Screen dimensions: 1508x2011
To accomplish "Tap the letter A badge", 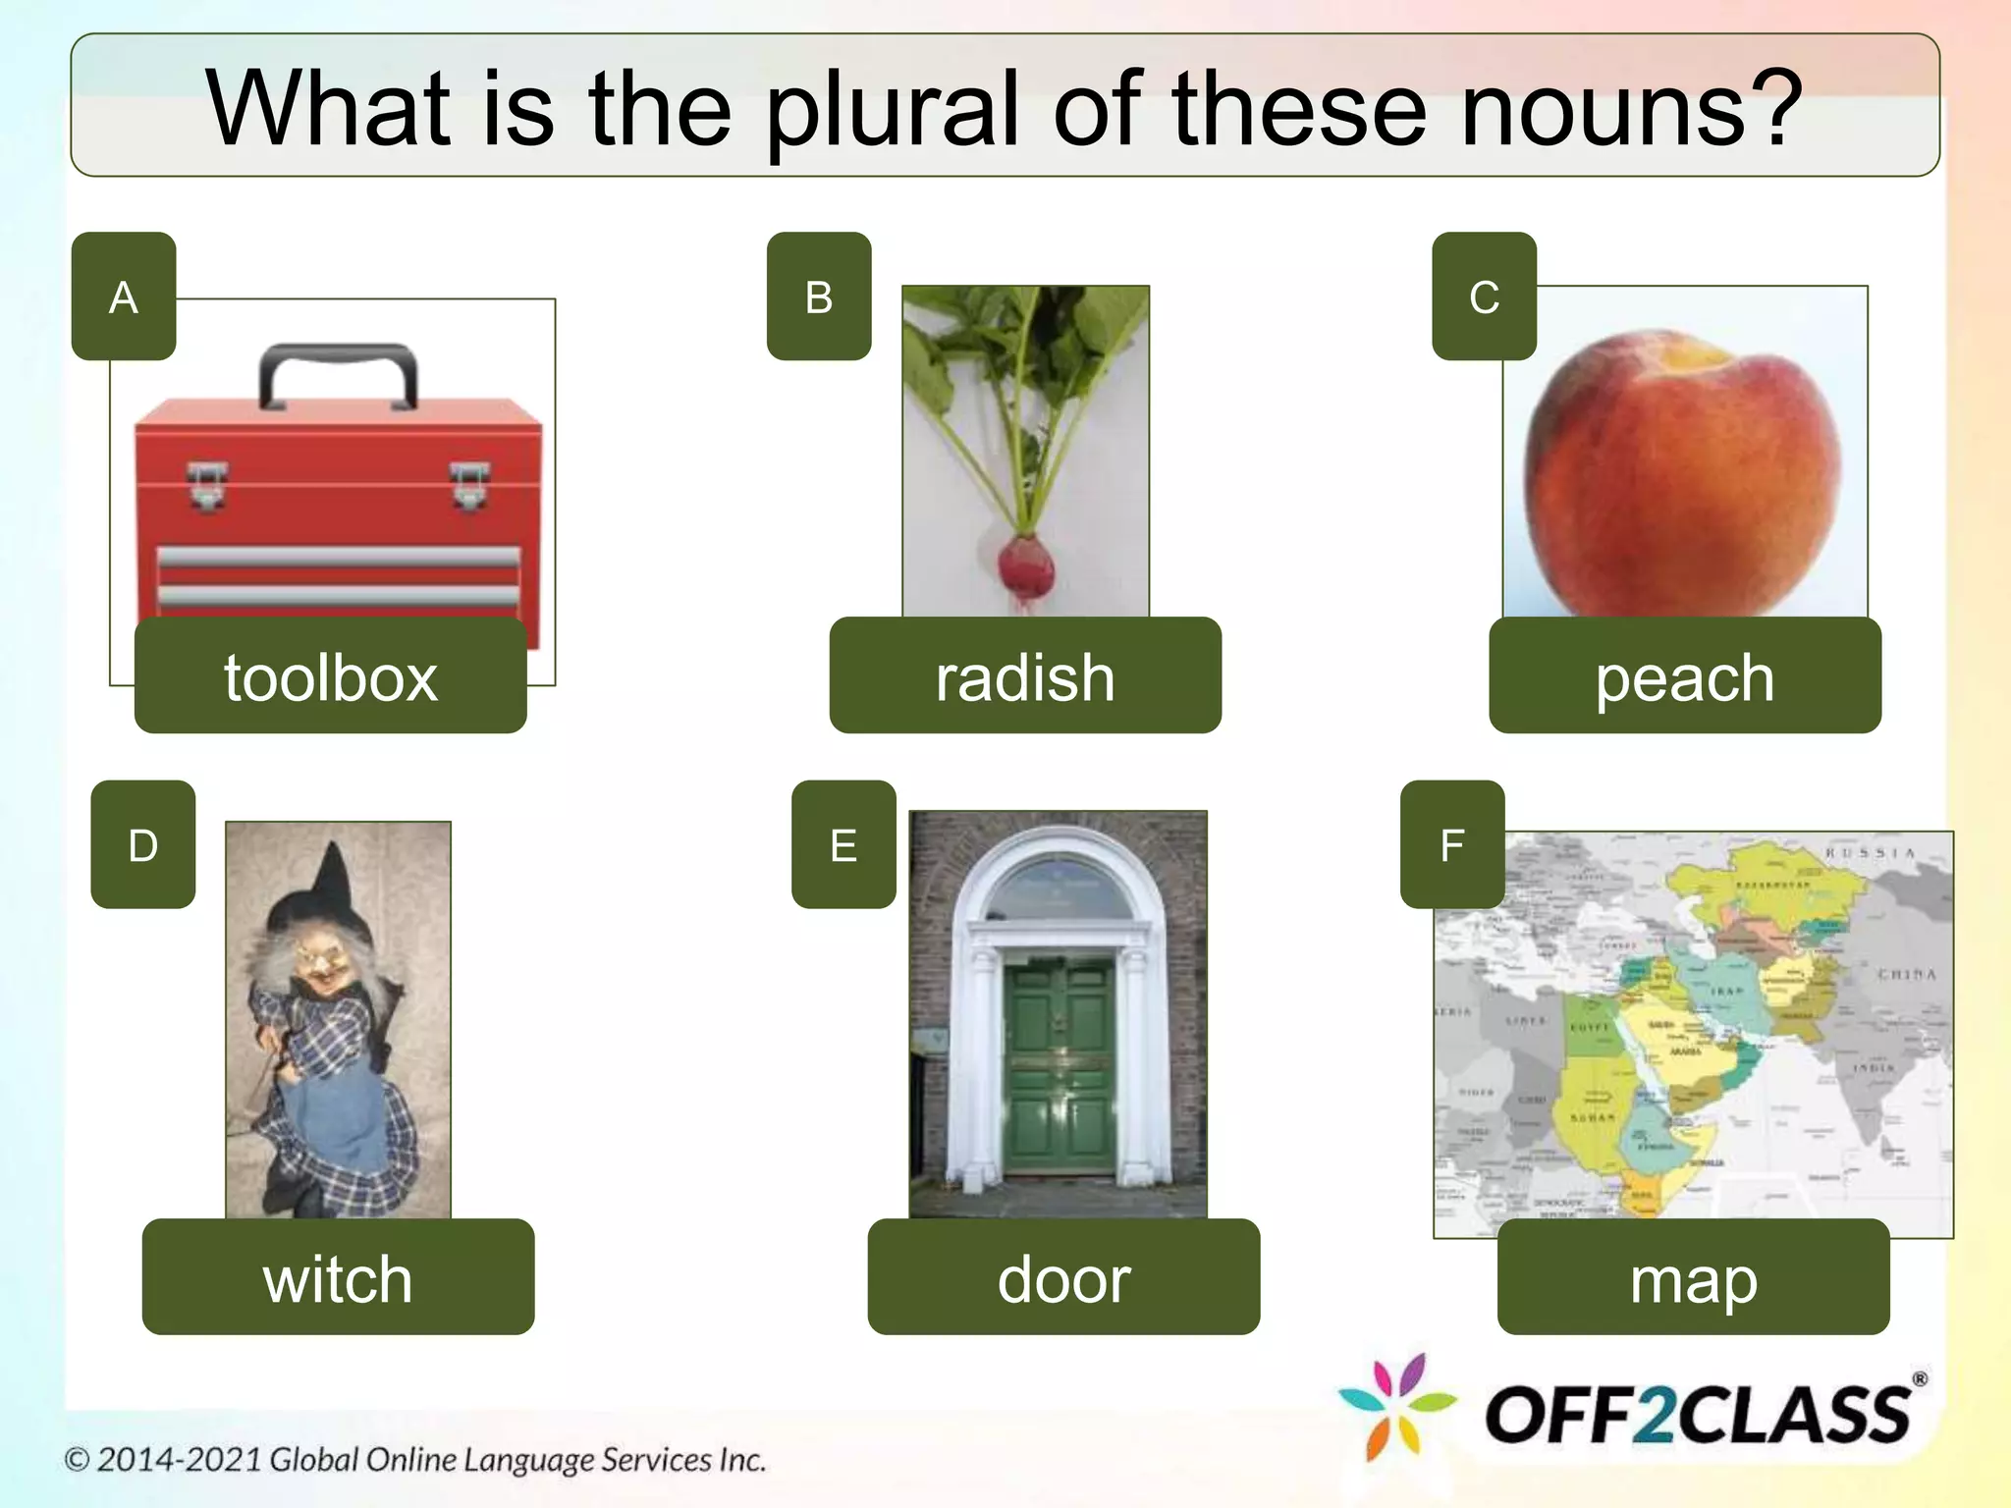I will click(124, 296).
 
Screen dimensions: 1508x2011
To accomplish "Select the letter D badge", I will click(143, 844).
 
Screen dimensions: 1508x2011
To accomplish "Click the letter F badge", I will click(1452, 844).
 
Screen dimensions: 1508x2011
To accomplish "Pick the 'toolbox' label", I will click(330, 676).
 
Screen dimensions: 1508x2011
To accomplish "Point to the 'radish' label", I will click(1025, 676).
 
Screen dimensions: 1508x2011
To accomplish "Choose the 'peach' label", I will click(1684, 676).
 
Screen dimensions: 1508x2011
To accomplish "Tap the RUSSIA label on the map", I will click(1871, 853).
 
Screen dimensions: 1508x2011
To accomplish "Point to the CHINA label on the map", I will click(1906, 975).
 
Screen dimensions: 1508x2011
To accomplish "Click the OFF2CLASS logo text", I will click(1699, 1415).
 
